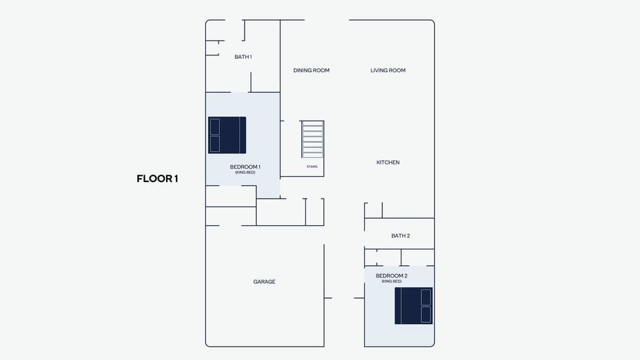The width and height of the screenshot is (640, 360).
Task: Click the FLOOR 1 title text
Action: [157, 179]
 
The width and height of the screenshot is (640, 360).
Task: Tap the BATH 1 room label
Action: [243, 57]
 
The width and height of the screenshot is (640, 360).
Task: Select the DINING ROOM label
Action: [311, 70]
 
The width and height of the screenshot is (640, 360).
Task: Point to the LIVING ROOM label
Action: [388, 70]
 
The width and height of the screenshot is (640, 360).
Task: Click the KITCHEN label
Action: [388, 163]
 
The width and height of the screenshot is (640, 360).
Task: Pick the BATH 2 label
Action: [401, 236]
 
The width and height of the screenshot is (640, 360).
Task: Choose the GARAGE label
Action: [265, 281]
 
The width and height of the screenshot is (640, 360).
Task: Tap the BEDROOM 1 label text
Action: [245, 167]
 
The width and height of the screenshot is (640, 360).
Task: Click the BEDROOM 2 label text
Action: [392, 276]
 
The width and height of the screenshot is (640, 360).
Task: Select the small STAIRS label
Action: [312, 167]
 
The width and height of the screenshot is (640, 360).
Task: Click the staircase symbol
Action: [313, 139]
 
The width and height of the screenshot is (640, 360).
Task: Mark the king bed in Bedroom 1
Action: [227, 135]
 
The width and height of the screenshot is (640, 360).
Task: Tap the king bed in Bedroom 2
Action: [413, 306]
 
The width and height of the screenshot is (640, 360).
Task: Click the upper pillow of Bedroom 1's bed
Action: [215, 127]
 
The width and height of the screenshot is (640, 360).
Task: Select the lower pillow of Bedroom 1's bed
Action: [215, 144]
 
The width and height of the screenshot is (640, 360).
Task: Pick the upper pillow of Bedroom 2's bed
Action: [426, 297]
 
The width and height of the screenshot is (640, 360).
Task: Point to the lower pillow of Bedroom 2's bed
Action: [426, 315]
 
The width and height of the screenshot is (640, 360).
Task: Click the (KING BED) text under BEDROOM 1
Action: [245, 173]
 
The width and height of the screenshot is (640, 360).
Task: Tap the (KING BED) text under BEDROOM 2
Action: [392, 281]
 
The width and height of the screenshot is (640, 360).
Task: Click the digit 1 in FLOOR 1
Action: [176, 179]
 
